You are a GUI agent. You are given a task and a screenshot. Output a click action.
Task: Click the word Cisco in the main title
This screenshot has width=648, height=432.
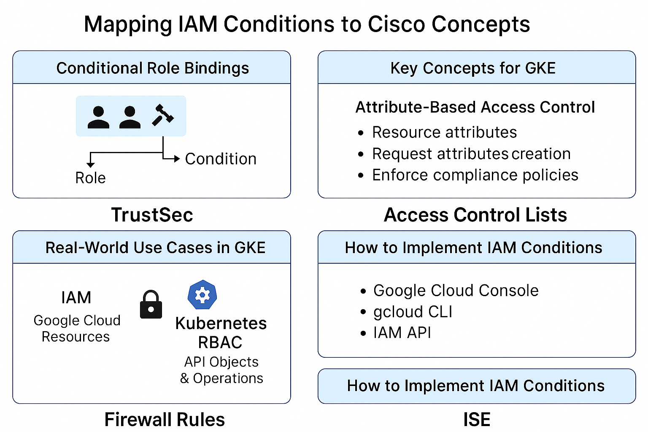pos(396,24)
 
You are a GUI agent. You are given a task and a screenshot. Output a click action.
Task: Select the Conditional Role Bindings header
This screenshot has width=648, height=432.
pos(152,68)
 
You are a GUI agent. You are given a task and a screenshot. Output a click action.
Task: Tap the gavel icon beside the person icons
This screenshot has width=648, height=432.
pos(162,115)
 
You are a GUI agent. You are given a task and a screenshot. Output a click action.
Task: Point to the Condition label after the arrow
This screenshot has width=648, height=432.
pos(221,159)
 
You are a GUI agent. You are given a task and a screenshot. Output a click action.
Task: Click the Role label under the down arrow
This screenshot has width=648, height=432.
pos(90,178)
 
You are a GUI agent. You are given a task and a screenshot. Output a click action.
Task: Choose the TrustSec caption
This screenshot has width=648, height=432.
pos(152,215)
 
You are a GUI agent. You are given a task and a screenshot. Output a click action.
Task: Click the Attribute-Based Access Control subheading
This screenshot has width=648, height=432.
pos(475,107)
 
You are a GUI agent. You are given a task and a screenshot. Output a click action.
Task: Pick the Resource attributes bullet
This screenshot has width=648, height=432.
pos(444,132)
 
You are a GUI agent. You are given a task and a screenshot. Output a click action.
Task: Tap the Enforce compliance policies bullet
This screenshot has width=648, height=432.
pos(475,175)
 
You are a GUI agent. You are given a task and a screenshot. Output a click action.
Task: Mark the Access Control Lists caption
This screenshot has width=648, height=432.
pos(475,215)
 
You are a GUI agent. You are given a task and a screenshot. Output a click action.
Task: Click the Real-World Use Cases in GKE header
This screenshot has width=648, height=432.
pos(155,248)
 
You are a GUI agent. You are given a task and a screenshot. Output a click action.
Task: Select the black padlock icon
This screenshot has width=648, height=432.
pos(151,304)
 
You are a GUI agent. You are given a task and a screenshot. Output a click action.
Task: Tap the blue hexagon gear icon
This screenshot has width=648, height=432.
pos(202,294)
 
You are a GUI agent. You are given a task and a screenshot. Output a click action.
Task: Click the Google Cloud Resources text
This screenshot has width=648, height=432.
pos(77,328)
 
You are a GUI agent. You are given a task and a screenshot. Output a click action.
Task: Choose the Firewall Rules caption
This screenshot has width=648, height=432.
pos(165,419)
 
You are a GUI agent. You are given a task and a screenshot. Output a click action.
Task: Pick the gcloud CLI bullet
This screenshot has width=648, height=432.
pos(413,312)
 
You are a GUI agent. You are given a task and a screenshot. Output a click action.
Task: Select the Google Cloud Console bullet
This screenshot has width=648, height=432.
pos(456,291)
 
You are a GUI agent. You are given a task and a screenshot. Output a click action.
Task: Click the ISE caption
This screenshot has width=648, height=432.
pos(477,419)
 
